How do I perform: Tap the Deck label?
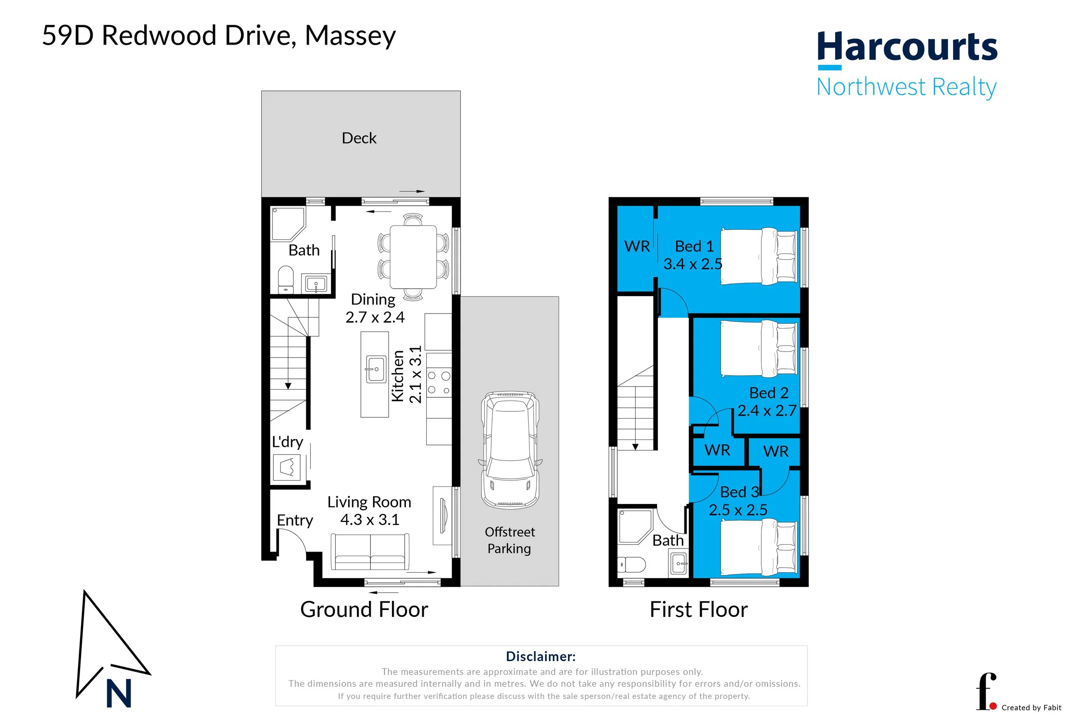(359, 138)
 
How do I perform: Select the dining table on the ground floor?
(413, 257)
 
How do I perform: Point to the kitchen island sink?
(376, 369)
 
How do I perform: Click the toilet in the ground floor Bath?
(285, 279)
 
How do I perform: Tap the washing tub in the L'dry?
(287, 468)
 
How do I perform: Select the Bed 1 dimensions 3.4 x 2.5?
(693, 264)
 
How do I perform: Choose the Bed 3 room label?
(739, 492)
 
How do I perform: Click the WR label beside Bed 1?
(637, 246)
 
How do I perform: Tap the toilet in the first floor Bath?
(632, 564)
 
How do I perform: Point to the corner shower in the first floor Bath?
(635, 526)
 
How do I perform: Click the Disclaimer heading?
(541, 656)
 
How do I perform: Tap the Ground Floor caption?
(364, 609)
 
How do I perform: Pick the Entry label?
(295, 520)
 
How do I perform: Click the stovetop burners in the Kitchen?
(439, 383)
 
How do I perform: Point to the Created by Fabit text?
(1031, 707)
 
